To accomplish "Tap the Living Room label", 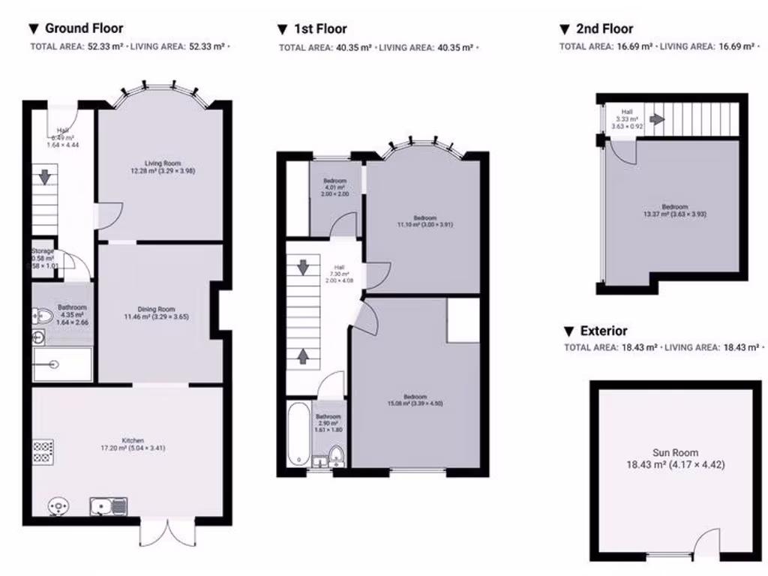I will pos(163,166).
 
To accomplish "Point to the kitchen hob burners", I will pos(43,451).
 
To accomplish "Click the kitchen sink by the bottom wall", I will pos(108,507).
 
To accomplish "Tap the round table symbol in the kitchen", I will pos(56,507).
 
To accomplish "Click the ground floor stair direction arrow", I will pos(44,177).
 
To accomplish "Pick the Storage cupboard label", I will pos(43,251).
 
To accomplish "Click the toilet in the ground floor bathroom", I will pos(43,317).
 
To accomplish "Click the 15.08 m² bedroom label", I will pos(415,400).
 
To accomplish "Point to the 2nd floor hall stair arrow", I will pos(657,118).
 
